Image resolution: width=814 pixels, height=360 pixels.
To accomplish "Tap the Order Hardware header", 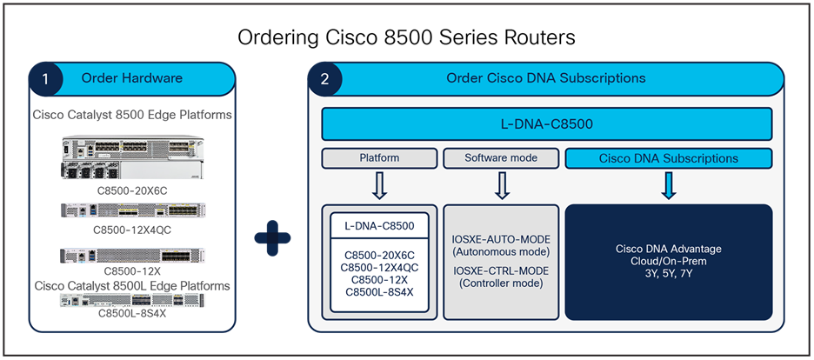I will coord(132,78).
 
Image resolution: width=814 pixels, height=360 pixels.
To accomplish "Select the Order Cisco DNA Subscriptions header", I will coord(545,78).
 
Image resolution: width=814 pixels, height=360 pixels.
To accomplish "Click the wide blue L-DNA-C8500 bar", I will coord(547,124).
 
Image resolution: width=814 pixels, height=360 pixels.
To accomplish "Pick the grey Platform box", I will coord(378,158).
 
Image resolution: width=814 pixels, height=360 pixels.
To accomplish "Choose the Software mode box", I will coord(500,158).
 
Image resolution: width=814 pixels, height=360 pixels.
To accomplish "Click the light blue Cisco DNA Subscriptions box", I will coord(669,158).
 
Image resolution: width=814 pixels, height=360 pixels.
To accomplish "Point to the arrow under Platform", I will coord(378,186).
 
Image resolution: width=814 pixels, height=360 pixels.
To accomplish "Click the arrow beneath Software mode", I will coord(500,186).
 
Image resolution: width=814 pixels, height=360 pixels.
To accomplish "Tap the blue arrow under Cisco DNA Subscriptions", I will coord(669,186).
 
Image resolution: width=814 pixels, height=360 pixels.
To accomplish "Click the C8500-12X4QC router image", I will coord(133,211).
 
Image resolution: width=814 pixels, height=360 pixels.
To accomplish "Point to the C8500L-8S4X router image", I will coord(133,300).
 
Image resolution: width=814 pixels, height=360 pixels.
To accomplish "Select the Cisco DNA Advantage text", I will coord(668,250).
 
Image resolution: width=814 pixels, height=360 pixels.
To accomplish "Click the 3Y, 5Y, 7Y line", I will coord(668,274).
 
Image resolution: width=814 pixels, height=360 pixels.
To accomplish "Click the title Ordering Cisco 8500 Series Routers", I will coord(407,39).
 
